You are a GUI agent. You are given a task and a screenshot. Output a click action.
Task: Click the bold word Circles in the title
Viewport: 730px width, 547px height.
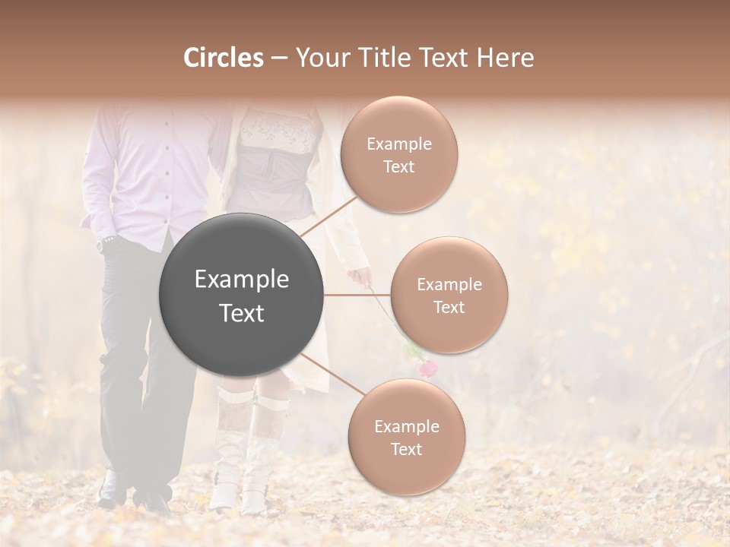point(223,58)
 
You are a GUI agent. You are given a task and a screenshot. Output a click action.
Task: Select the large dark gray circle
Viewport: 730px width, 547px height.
point(242,295)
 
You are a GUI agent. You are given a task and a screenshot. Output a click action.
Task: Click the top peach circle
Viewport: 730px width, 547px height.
point(399,155)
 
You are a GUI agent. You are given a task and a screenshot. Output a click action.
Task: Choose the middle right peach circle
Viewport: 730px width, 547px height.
point(449,296)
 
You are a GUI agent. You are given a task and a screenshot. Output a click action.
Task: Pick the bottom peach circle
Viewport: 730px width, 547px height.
point(406,437)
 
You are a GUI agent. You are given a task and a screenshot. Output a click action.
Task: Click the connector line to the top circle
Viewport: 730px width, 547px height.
point(328,215)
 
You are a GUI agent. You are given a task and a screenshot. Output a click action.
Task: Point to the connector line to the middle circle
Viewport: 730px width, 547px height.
point(357,295)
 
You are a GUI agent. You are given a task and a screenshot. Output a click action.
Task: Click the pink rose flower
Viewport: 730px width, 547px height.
point(429,368)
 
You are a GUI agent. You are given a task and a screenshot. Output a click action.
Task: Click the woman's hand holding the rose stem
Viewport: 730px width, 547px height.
point(360,277)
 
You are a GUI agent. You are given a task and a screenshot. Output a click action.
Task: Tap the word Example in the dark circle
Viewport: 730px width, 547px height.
point(242,280)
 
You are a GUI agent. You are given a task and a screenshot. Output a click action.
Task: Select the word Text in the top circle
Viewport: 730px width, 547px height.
point(399,167)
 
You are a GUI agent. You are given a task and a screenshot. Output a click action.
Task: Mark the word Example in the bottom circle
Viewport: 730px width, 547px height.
point(406,426)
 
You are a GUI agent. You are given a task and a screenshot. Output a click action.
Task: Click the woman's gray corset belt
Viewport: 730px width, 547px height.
point(274,171)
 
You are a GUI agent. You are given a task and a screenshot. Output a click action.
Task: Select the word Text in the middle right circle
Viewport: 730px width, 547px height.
point(449,307)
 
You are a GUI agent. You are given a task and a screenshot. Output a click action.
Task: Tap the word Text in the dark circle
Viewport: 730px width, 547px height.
point(242,313)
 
